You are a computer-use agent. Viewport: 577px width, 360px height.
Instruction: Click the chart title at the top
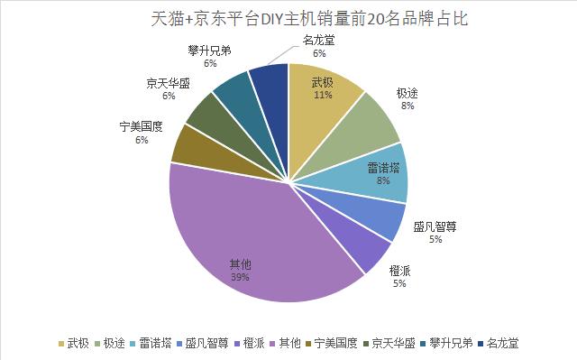tap(288, 17)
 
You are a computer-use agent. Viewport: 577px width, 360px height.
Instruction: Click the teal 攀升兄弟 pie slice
tap(234, 90)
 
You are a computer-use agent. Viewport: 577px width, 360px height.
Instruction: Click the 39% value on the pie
tap(240, 277)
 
